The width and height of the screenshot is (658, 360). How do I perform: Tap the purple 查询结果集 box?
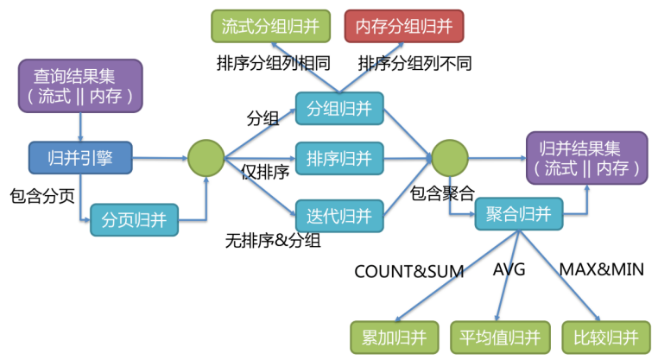click(x=80, y=85)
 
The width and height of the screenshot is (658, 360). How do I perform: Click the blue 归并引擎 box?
click(x=79, y=157)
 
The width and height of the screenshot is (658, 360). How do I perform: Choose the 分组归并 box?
click(x=339, y=108)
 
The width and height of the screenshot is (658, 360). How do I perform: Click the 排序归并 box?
click(x=339, y=159)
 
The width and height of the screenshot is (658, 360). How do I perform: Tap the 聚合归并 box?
click(x=519, y=213)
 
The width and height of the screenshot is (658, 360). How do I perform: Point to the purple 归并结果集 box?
click(x=585, y=157)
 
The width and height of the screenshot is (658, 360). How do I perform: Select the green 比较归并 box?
click(x=605, y=336)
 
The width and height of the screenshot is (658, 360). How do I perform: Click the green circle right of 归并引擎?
click(x=206, y=158)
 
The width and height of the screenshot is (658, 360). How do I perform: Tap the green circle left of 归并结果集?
click(x=449, y=158)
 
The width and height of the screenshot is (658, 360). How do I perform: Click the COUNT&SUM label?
click(x=409, y=271)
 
